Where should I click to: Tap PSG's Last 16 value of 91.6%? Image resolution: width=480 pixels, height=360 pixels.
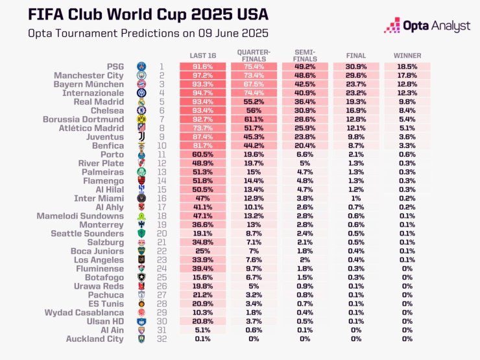coord(202,66)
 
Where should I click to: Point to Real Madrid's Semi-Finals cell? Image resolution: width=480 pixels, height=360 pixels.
coord(305,102)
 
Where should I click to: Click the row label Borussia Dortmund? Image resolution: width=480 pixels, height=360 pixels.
coord(83,119)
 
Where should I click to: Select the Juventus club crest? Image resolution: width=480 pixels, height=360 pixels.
coord(142,138)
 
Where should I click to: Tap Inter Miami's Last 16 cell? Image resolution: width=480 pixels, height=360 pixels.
coord(202,198)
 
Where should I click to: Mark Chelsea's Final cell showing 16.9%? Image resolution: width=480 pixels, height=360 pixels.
coord(356,110)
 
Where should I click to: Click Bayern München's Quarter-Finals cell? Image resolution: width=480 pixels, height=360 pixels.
coord(254,84)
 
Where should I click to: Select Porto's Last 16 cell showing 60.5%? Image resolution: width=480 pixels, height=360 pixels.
coord(202,154)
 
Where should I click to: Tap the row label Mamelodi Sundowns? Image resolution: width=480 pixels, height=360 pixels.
coord(80,215)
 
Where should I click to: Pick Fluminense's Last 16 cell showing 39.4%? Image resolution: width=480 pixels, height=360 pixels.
coord(202,268)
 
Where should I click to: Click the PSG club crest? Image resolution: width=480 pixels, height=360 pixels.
coord(142,67)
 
